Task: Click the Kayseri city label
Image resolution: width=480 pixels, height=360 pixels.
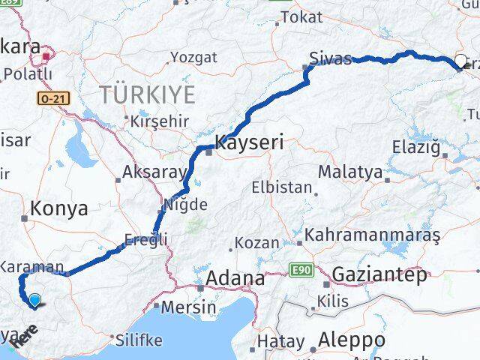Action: tap(249, 142)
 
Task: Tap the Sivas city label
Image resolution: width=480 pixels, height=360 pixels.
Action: tap(331, 58)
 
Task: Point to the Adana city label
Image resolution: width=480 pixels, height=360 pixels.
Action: tap(236, 278)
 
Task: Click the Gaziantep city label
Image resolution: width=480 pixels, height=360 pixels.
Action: tap(379, 273)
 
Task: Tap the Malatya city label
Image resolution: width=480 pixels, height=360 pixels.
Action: tap(349, 172)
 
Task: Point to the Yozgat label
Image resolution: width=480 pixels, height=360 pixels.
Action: tap(193, 57)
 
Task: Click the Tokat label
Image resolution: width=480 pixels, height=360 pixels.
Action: tap(304, 16)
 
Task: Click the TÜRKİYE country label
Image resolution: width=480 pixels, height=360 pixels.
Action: tap(148, 94)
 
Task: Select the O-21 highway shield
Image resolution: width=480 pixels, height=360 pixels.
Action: tap(50, 98)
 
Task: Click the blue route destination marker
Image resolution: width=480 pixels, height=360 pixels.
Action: tap(34, 301)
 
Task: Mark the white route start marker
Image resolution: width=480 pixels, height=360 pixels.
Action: tap(460, 62)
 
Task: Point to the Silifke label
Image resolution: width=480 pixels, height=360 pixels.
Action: tap(139, 340)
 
